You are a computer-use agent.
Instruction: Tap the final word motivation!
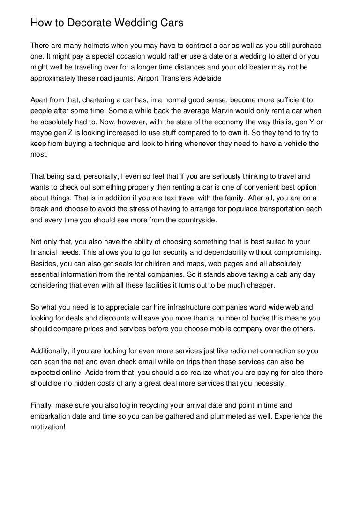(48, 427)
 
